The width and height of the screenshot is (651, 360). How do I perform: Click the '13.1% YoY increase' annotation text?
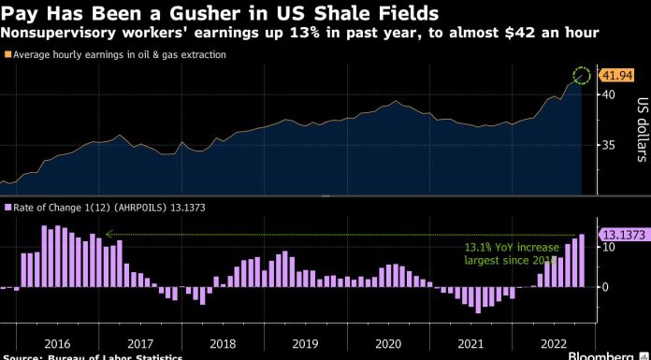[512, 248]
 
